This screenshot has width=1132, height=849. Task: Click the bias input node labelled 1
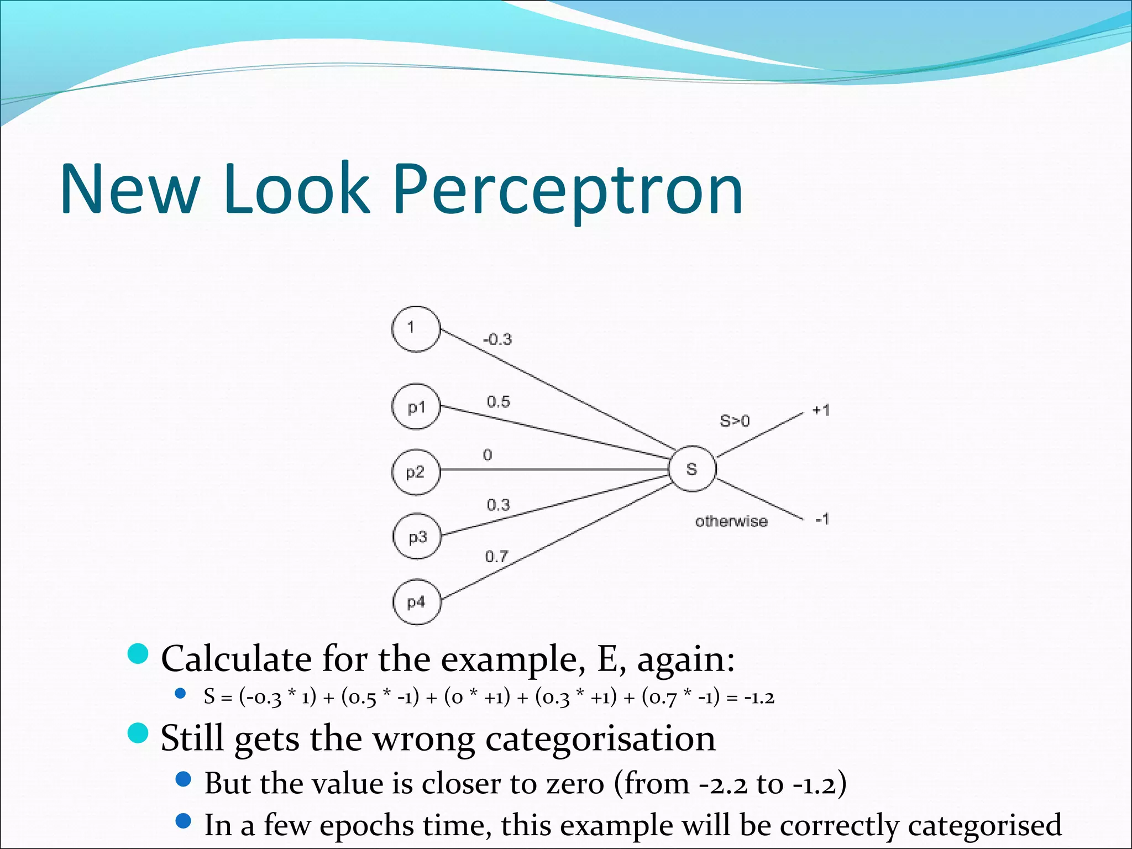pyautogui.click(x=416, y=329)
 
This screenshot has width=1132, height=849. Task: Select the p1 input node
pyautogui.click(x=416, y=407)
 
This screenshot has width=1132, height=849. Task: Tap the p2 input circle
pyautogui.click(x=416, y=472)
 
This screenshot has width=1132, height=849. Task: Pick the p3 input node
pyautogui.click(x=417, y=537)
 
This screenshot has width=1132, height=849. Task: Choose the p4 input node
pyautogui.click(x=417, y=602)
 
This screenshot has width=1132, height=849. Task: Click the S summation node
pyautogui.click(x=692, y=469)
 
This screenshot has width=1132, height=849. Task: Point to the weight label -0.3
pyautogui.click(x=497, y=339)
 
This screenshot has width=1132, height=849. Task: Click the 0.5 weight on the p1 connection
pyautogui.click(x=498, y=402)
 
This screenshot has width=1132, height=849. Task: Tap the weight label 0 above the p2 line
pyautogui.click(x=487, y=455)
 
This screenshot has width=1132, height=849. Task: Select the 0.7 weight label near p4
pyautogui.click(x=496, y=556)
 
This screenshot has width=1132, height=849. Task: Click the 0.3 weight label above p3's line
pyautogui.click(x=498, y=505)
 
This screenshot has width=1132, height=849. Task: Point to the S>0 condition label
pyautogui.click(x=735, y=421)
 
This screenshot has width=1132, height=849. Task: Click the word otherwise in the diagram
pyautogui.click(x=731, y=521)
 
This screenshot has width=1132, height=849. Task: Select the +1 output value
pyautogui.click(x=821, y=410)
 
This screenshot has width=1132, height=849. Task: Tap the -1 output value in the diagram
pyautogui.click(x=822, y=519)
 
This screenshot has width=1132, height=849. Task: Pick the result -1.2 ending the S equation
pyautogui.click(x=759, y=698)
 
